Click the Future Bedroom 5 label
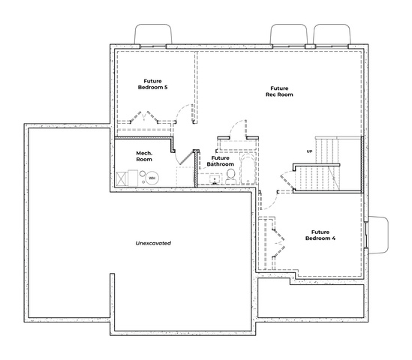coord(152,84)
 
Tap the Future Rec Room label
coord(279,91)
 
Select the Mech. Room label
coord(144,156)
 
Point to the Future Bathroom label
coord(220,161)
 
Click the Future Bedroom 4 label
coord(320,235)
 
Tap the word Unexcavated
coord(153,243)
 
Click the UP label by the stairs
coord(309,151)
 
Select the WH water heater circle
coord(152,178)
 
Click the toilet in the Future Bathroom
coord(231,176)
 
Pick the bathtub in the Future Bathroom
coord(248,169)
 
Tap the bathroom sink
coord(215,179)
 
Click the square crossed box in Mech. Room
coord(122,179)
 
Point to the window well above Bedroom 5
coord(153,34)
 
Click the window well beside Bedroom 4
coord(377,235)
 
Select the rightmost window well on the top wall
coord(332,34)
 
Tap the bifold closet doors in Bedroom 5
coord(144,116)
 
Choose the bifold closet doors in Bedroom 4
coord(278,242)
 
